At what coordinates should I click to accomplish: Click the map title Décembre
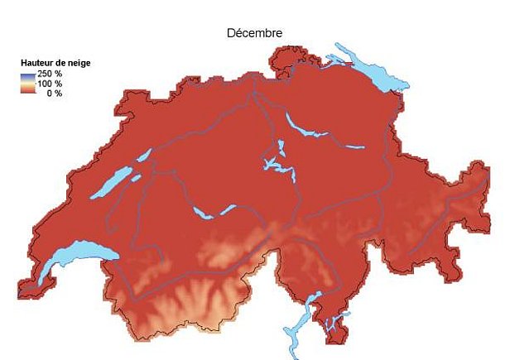(x=255, y=33)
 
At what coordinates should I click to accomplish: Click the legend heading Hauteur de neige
(x=55, y=63)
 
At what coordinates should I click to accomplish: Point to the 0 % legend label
(x=53, y=93)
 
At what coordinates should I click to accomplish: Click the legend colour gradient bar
(x=27, y=84)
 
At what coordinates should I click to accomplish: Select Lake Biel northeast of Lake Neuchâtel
(x=143, y=155)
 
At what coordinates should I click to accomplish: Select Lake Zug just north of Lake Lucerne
(x=281, y=148)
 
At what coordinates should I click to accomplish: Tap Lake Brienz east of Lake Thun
(x=229, y=209)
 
